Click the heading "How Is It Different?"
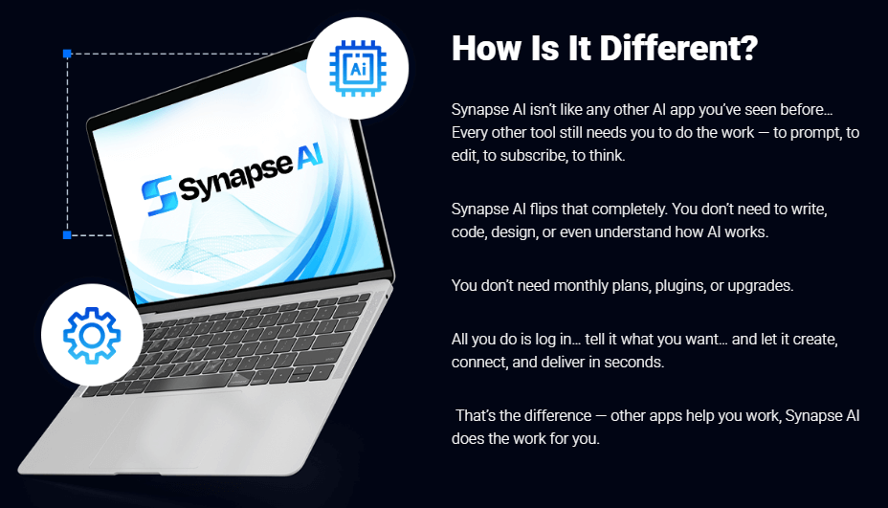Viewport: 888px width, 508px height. (605, 49)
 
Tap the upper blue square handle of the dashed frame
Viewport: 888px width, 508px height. (67, 54)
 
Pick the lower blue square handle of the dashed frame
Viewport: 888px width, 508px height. (67, 234)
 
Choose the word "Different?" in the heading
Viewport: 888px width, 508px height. (677, 49)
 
